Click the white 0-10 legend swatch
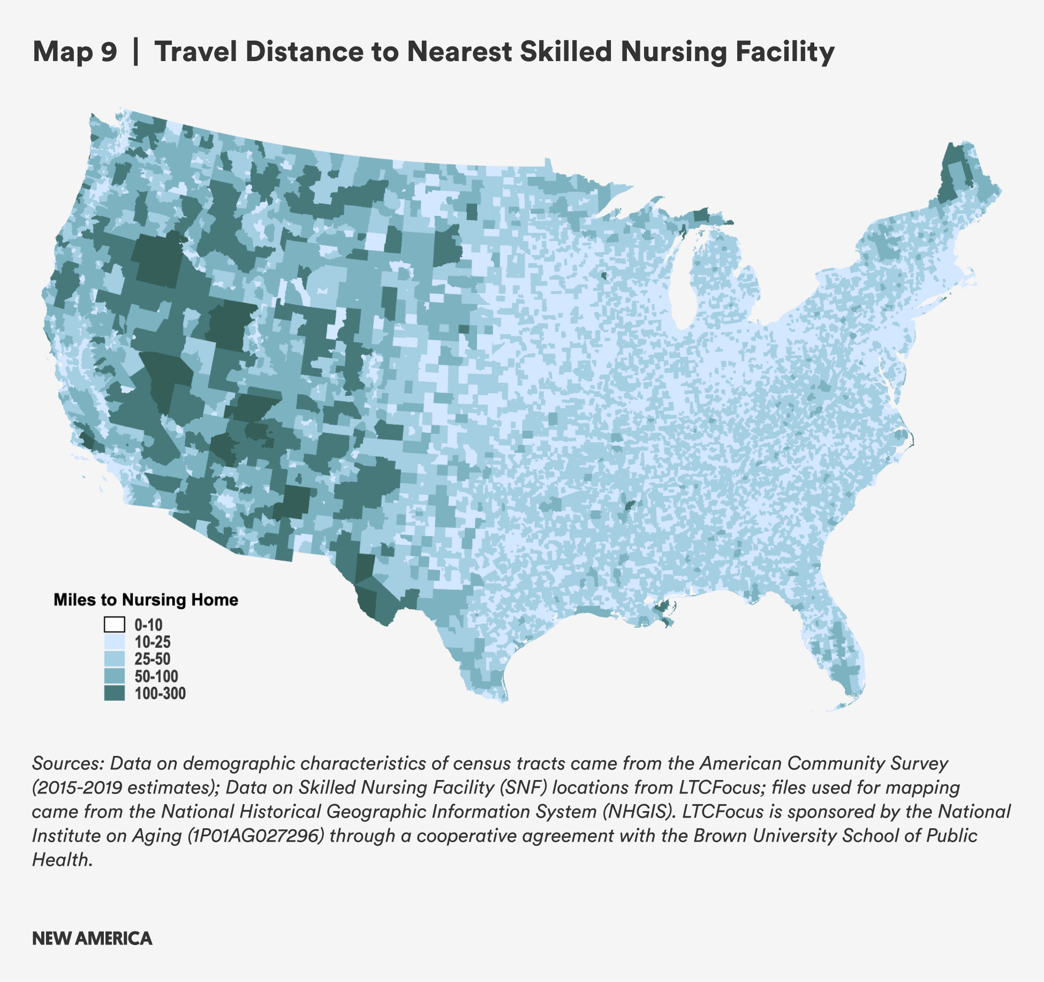(x=114, y=625)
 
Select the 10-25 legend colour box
(x=114, y=642)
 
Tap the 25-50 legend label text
(x=152, y=659)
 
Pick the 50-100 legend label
(x=156, y=676)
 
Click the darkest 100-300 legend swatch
(x=114, y=693)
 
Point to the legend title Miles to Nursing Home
(x=146, y=599)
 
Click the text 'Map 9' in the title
(x=74, y=52)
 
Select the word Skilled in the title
(x=565, y=52)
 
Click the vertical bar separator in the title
(x=135, y=52)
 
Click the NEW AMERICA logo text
(x=92, y=939)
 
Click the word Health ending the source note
(x=60, y=859)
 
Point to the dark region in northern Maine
(x=952, y=177)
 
